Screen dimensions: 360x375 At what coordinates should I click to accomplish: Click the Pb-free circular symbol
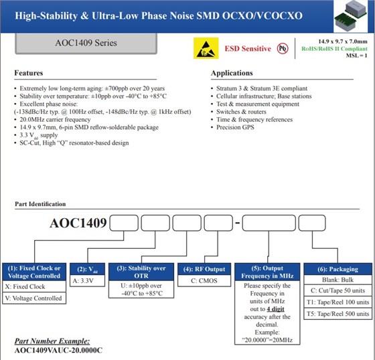[x=285, y=48]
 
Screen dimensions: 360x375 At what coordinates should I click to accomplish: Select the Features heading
[x=29, y=73]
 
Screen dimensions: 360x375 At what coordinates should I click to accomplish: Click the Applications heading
[x=232, y=73]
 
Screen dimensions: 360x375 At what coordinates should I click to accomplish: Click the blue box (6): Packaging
[x=337, y=270]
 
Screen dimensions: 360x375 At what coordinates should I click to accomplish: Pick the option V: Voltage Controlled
[x=33, y=298]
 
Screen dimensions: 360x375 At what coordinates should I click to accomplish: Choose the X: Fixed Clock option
[x=27, y=286]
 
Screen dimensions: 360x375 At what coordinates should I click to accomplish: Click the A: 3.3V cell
[x=87, y=282]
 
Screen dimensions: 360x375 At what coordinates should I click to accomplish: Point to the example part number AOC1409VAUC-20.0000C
[x=58, y=351]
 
